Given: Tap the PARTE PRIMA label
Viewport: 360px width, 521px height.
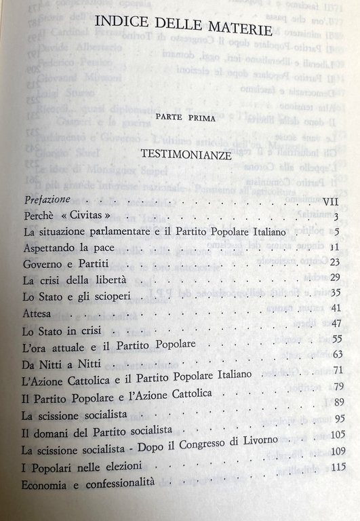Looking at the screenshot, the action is [182, 118].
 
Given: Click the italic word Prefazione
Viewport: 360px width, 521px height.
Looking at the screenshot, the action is [47, 201].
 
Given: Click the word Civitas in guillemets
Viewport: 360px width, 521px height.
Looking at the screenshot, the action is [87, 216].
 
